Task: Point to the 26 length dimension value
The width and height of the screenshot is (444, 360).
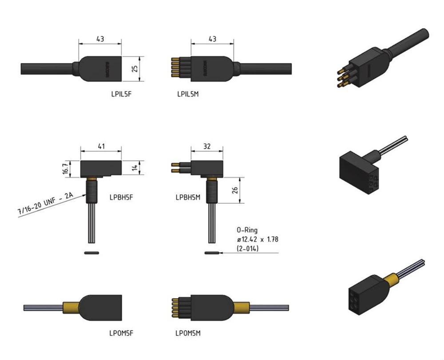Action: pyautogui.click(x=235, y=191)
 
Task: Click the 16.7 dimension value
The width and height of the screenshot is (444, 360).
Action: pyautogui.click(x=65, y=168)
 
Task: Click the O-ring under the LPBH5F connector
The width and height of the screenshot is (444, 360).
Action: pyautogui.click(x=91, y=253)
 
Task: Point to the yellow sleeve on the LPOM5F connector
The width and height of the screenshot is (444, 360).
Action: pyautogui.click(x=71, y=308)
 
